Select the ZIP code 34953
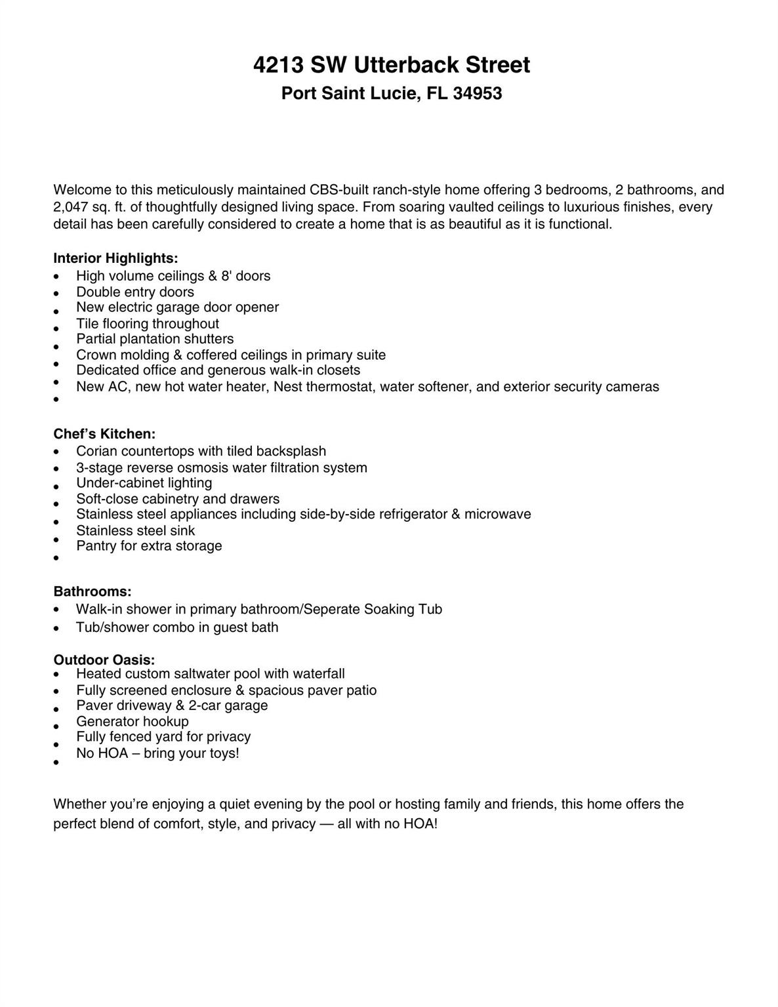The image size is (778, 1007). click(478, 94)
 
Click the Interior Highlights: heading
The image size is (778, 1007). click(115, 258)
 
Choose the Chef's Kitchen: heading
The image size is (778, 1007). click(104, 434)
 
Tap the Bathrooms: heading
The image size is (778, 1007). click(92, 592)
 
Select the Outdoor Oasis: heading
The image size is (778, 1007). click(104, 660)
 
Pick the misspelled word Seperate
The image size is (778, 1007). click(331, 610)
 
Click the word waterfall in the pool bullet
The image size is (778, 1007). click(319, 674)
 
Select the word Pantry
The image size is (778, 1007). click(96, 546)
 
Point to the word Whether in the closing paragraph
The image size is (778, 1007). click(79, 804)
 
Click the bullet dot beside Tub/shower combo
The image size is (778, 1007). click(58, 628)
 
